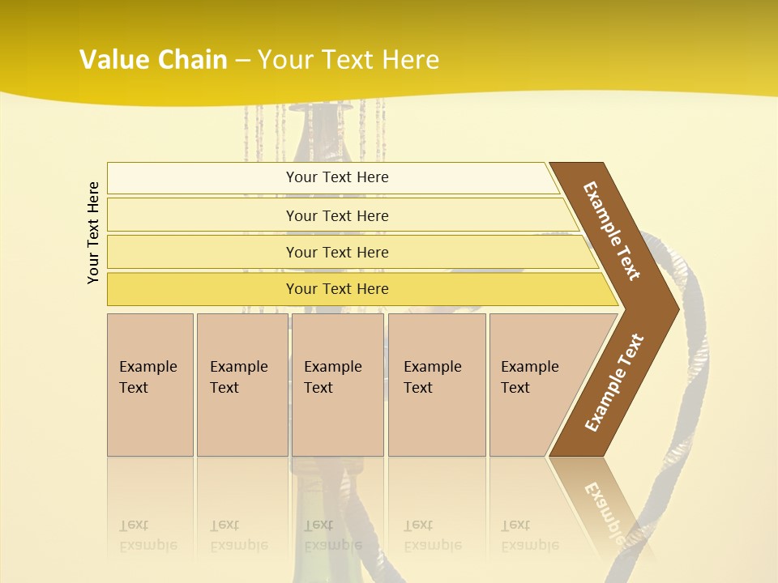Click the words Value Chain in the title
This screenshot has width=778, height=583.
click(153, 60)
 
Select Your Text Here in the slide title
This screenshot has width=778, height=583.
click(348, 60)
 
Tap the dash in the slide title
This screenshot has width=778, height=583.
click(242, 61)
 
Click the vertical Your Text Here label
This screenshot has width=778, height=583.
click(93, 232)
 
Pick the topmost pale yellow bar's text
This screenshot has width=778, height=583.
click(337, 177)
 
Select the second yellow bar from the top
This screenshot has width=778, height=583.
click(337, 215)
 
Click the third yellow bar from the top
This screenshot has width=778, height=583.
click(337, 252)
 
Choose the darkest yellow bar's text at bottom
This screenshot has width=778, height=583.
click(337, 289)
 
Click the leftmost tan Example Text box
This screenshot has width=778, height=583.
click(149, 377)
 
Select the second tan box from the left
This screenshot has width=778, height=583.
click(241, 377)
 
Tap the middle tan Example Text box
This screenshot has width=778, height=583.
click(336, 377)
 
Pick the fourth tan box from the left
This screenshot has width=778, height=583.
click(436, 377)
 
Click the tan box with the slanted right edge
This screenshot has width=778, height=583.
click(535, 377)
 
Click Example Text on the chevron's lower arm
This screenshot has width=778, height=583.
click(613, 383)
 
